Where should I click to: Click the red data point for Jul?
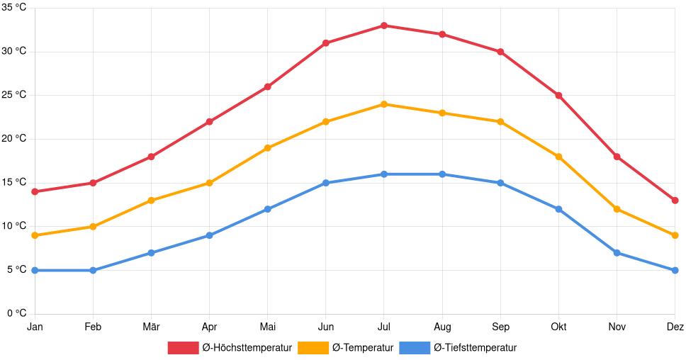click(384, 26)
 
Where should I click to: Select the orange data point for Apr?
click(209, 183)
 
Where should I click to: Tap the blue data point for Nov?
click(617, 253)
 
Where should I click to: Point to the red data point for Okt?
click(558, 96)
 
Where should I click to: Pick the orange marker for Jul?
click(384, 104)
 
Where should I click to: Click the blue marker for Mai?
click(268, 209)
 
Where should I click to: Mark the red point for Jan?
click(35, 191)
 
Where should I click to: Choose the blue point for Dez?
click(675, 270)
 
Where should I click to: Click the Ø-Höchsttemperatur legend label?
click(247, 348)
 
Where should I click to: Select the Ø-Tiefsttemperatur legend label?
click(475, 348)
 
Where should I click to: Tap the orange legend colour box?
click(313, 348)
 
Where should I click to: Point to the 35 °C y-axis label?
click(13, 8)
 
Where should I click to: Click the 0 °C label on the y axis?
click(16, 313)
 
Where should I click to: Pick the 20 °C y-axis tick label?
click(13, 139)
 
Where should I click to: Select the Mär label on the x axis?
click(151, 327)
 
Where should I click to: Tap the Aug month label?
click(442, 327)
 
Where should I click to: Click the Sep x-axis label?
click(500, 327)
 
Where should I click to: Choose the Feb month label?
click(93, 327)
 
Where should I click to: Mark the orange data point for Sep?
click(500, 122)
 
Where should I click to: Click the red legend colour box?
click(183, 348)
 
